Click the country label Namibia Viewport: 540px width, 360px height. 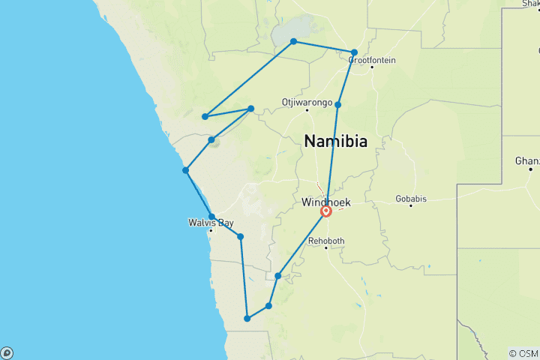pyautogui.click(x=335, y=140)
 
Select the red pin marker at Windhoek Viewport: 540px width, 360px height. pyautogui.click(x=326, y=211)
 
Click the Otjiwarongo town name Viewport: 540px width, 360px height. pyautogui.click(x=306, y=101)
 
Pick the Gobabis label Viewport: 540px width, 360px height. pyautogui.click(x=411, y=199)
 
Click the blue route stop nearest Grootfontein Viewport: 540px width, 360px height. pyautogui.click(x=354, y=52)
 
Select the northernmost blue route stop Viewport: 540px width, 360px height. pyautogui.click(x=293, y=41)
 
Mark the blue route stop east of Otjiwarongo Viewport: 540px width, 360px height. pyautogui.click(x=338, y=104)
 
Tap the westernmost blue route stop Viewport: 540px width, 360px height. pyautogui.click(x=185, y=170)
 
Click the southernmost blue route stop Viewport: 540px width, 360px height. pyautogui.click(x=247, y=319)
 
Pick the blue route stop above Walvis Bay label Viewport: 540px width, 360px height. pyautogui.click(x=211, y=217)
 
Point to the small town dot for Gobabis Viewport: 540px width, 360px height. pyautogui.click(x=411, y=205)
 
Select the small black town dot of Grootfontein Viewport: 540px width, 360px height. pyautogui.click(x=371, y=67)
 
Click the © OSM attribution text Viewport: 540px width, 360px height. pyautogui.click(x=523, y=353)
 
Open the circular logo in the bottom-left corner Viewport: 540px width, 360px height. pyautogui.click(x=7, y=352)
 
